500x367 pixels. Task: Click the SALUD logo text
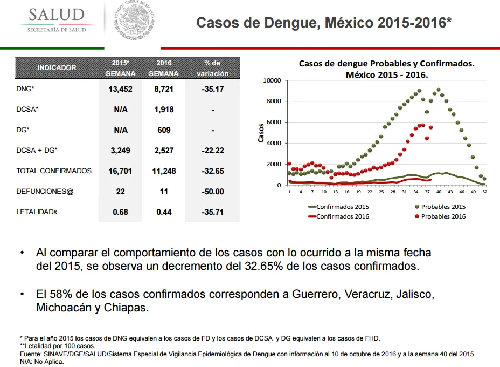click(57, 15)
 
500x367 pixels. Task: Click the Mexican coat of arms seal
click(134, 20)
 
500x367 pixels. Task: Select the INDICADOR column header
click(57, 67)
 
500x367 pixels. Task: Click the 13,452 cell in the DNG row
click(120, 89)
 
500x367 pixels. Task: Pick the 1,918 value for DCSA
click(164, 110)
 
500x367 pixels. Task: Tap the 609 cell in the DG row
click(164, 130)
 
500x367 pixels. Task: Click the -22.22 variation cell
click(213, 151)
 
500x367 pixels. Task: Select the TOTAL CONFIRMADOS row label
click(54, 171)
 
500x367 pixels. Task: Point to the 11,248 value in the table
click(164, 171)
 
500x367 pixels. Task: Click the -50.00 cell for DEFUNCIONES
click(213, 191)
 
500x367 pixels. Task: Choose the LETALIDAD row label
click(37, 212)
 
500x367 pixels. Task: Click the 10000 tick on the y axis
click(272, 80)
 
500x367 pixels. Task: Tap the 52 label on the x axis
click(485, 192)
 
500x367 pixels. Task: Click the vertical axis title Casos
click(261, 133)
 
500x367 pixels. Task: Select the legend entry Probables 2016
click(440, 216)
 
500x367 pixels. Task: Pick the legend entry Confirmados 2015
click(338, 207)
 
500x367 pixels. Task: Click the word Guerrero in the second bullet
click(315, 294)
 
